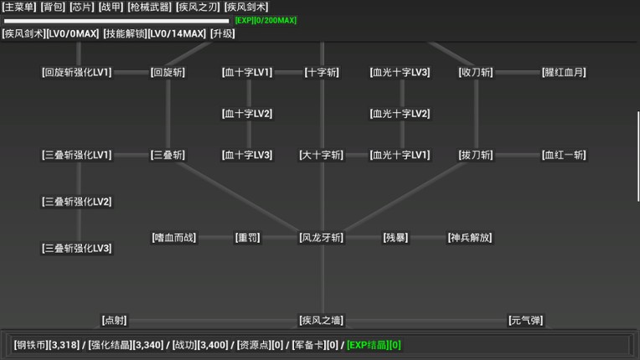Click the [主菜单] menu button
pyautogui.click(x=18, y=7)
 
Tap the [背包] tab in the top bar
pyautogui.click(x=52, y=7)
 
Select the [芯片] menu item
pyautogui.click(x=81, y=7)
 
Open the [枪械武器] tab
pyautogui.click(x=149, y=7)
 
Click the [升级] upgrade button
pyautogui.click(x=222, y=33)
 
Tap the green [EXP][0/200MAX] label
pyautogui.click(x=266, y=20)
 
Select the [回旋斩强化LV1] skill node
pyautogui.click(x=76, y=73)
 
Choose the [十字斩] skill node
pyautogui.click(x=322, y=73)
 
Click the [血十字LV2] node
pyautogui.click(x=247, y=114)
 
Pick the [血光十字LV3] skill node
pyautogui.click(x=400, y=73)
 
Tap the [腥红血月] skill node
pyautogui.click(x=564, y=73)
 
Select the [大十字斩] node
pyautogui.click(x=322, y=155)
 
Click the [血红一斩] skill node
pyautogui.click(x=564, y=155)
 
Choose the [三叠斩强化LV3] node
pyautogui.click(x=76, y=249)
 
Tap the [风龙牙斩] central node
pyautogui.click(x=322, y=238)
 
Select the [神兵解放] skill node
pyautogui.click(x=470, y=238)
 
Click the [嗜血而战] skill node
pyautogui.click(x=174, y=238)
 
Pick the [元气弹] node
pyautogui.click(x=525, y=321)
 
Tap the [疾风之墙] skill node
pyautogui.click(x=322, y=321)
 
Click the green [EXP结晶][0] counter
pyautogui.click(x=374, y=344)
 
